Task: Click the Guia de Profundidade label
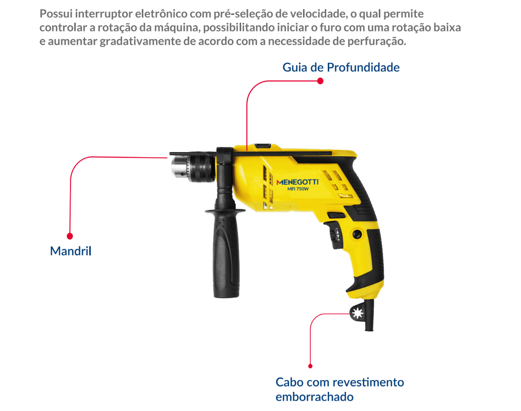click(341, 68)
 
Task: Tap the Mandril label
click(71, 251)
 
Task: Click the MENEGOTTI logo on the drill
click(297, 182)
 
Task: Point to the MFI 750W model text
click(298, 189)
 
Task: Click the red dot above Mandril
click(70, 236)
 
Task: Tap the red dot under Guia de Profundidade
click(321, 81)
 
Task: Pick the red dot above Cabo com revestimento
click(310, 366)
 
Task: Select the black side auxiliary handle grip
click(226, 253)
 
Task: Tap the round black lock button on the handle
click(357, 234)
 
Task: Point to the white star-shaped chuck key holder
click(357, 313)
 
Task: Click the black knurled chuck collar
click(202, 169)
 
